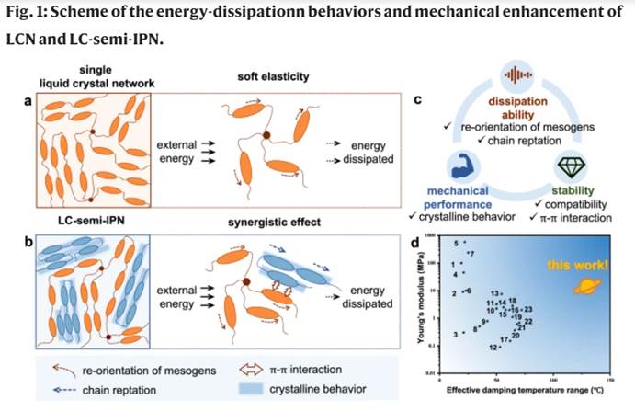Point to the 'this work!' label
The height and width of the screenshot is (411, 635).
click(577, 267)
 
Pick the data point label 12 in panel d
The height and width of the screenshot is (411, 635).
click(493, 348)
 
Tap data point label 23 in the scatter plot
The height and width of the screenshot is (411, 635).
click(528, 310)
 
